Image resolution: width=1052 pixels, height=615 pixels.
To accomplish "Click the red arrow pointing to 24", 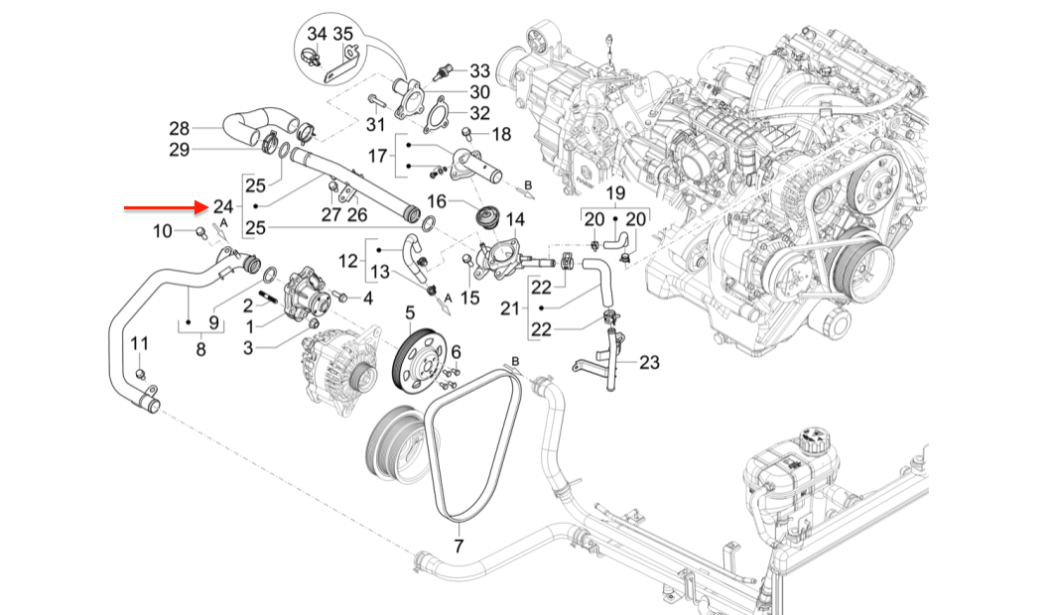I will pyautogui.click(x=164, y=208).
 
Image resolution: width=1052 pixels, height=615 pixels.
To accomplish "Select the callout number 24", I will pyautogui.click(x=222, y=207).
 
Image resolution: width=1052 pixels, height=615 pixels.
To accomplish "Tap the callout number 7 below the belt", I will pyautogui.click(x=459, y=546).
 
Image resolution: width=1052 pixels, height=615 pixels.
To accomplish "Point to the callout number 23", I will pyautogui.click(x=649, y=363).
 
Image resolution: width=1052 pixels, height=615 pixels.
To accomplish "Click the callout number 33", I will pyautogui.click(x=479, y=71).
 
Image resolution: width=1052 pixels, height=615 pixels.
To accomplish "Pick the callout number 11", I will pyautogui.click(x=140, y=343).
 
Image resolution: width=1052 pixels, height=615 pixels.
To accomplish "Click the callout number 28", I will pyautogui.click(x=179, y=128).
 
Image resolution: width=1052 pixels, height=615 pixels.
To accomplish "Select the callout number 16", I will pyautogui.click(x=438, y=201).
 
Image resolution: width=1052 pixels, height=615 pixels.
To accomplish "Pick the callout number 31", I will pyautogui.click(x=374, y=124).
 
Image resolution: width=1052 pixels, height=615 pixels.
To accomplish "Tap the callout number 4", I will pyautogui.click(x=367, y=298).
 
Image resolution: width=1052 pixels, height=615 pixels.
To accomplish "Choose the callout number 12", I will pyautogui.click(x=347, y=261).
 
